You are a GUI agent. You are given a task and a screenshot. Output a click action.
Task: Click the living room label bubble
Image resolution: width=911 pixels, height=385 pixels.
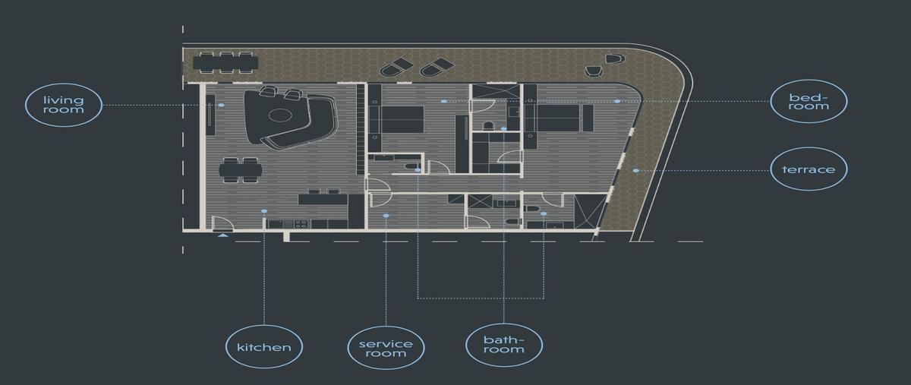pos(64,105)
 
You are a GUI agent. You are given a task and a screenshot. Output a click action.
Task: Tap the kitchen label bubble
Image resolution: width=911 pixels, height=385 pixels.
pos(264,347)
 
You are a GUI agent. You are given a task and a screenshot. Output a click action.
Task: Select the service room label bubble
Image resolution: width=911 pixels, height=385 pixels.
pos(386,348)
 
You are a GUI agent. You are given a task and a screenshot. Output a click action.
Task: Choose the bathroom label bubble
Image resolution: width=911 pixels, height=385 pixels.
pos(504,345)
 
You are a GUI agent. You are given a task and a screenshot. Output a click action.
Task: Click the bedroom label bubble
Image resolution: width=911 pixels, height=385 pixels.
pos(809,101)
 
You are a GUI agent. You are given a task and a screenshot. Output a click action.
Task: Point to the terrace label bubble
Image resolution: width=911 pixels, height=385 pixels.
pos(809,169)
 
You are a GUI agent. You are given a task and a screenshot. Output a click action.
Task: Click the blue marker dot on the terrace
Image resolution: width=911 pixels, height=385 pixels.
pos(636,171)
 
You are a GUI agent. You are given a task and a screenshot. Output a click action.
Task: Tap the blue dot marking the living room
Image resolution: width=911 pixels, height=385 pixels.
pos(221,105)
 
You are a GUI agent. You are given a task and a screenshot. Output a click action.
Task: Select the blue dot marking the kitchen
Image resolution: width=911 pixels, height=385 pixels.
pos(264,211)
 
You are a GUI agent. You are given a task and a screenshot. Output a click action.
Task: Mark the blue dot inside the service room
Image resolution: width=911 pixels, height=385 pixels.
pos(386,216)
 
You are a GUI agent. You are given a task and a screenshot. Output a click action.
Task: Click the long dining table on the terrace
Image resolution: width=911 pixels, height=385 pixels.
pos(225,63)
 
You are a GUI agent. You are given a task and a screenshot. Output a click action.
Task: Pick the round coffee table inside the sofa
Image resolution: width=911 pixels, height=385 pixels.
pos(280,115)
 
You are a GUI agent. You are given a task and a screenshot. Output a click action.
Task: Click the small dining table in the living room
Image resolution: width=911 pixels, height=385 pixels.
pos(241,170)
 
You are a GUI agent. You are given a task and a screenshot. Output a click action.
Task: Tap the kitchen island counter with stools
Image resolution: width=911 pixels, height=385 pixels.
pos(323,199)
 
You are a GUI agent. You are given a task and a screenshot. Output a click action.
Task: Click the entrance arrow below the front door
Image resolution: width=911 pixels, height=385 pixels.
pos(222,235)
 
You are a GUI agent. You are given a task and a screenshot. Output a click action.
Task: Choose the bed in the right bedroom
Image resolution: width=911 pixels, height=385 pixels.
pos(558,118)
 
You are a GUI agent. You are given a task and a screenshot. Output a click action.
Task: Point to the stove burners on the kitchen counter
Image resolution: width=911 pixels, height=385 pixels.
pos(301,224)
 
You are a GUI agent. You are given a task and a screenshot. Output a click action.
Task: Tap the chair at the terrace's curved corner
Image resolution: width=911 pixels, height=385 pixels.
pos(614,59)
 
